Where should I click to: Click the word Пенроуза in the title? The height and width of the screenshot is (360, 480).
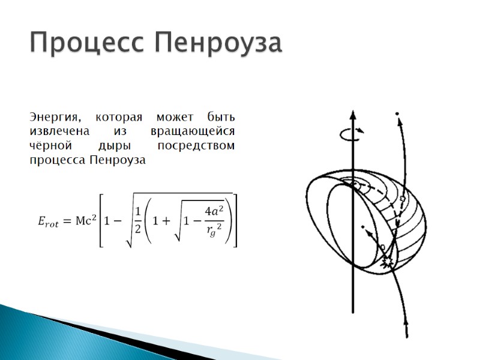(x=218, y=43)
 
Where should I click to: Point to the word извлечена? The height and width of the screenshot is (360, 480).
(x=59, y=131)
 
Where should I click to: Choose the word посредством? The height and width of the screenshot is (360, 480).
(x=196, y=146)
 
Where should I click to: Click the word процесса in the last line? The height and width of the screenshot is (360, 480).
(x=57, y=161)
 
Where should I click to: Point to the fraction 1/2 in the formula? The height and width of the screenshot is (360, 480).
(x=137, y=220)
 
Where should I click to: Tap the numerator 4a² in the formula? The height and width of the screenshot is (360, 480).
(x=214, y=211)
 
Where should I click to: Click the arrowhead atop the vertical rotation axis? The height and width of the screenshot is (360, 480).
(x=353, y=115)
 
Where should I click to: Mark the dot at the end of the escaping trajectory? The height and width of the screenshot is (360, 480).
(x=397, y=113)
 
